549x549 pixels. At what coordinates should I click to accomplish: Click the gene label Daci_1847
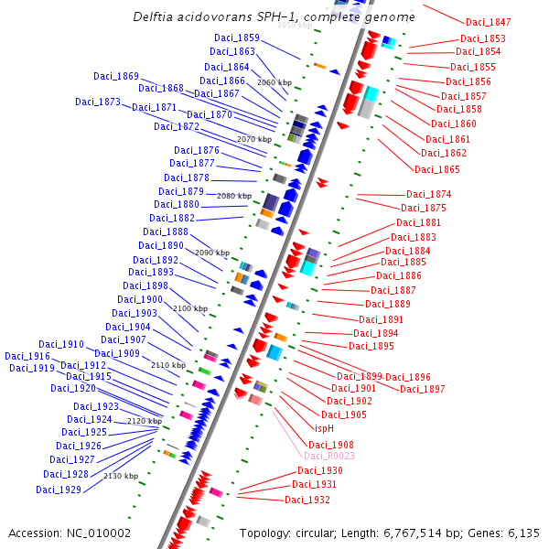(x=489, y=22)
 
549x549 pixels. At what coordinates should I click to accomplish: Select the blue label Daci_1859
(x=237, y=38)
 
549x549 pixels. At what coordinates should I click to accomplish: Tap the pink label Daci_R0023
(x=329, y=456)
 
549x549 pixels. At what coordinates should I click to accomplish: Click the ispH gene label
(x=325, y=428)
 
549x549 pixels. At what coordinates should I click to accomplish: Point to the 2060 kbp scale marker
(x=274, y=82)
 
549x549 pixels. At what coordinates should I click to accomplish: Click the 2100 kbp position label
(x=190, y=308)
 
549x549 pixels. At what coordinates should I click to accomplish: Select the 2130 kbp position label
(x=121, y=476)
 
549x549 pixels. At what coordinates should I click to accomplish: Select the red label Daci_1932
(x=307, y=500)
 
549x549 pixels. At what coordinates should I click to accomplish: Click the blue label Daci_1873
(x=98, y=102)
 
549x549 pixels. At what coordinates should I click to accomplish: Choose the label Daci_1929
(x=59, y=490)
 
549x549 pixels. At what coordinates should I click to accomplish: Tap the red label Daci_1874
(x=429, y=194)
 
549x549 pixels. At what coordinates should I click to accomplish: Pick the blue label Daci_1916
(x=27, y=357)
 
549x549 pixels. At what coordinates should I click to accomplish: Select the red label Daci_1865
(x=437, y=169)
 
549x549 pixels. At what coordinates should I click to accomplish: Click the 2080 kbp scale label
(x=234, y=196)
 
